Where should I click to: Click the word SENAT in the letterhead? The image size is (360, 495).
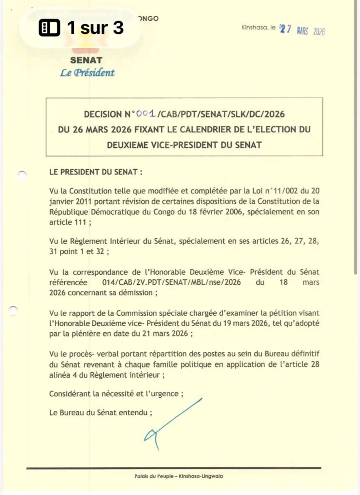pos(86,60)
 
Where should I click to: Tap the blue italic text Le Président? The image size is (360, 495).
pos(87,73)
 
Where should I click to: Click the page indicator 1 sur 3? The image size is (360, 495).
pos(95,28)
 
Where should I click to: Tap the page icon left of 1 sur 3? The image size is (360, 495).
pos(49,29)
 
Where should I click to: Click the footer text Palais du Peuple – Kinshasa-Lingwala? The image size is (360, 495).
pos(179,476)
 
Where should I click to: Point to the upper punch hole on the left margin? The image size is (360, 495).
pos(22,175)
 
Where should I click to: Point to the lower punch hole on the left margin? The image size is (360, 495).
pos(14,310)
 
